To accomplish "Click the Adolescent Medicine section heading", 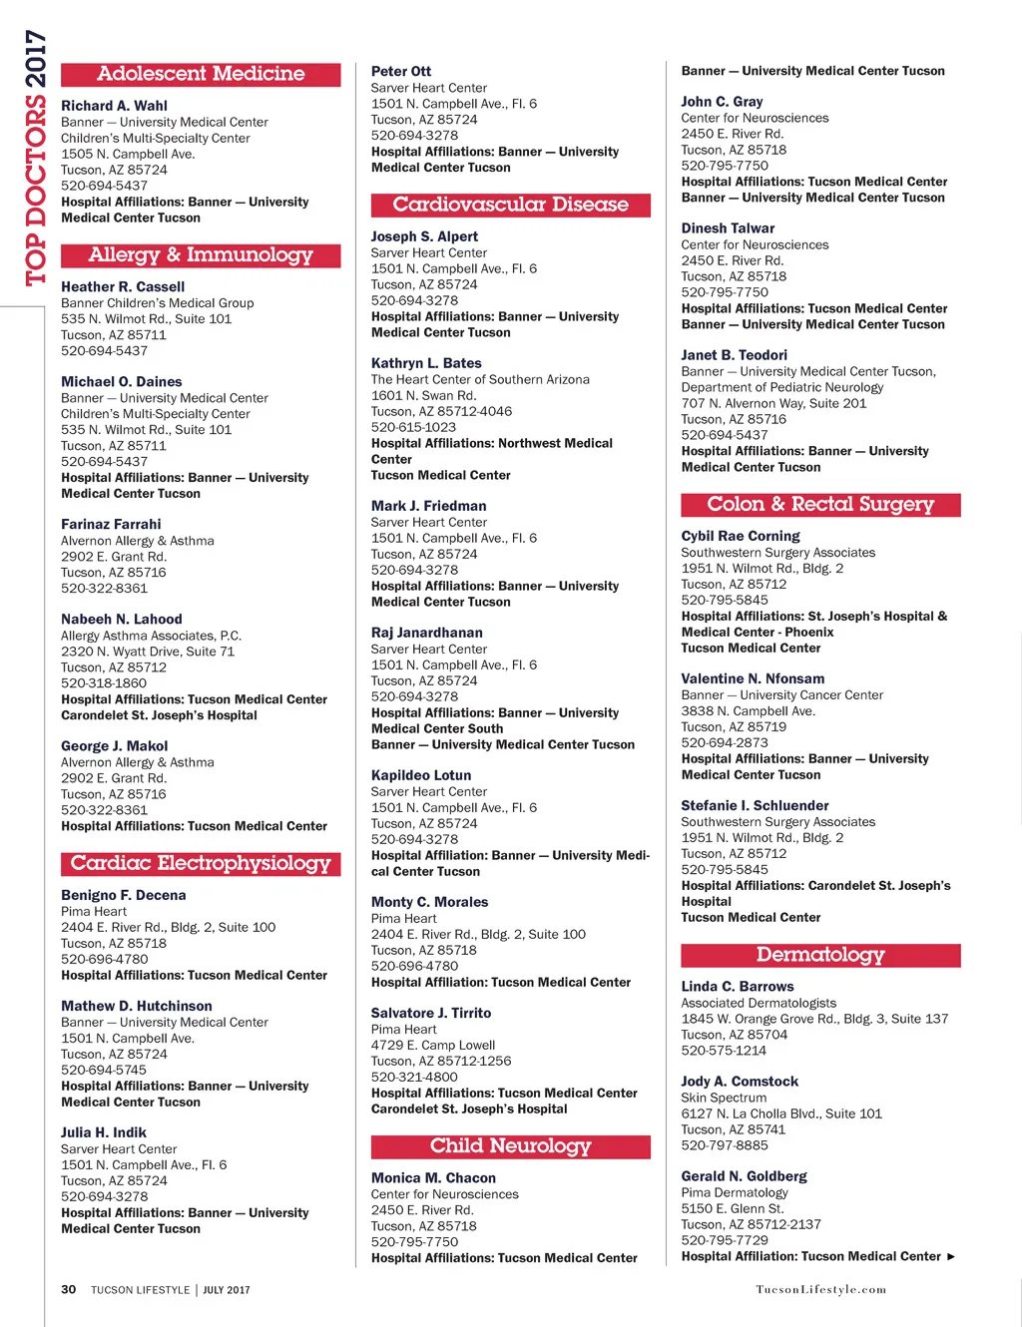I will (x=201, y=74).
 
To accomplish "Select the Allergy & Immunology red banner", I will (x=201, y=255).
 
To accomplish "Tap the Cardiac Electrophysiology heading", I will (x=201, y=864).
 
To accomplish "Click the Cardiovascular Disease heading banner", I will (x=510, y=205).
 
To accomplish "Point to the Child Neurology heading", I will (x=510, y=1146).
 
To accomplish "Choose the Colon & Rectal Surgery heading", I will (x=820, y=505).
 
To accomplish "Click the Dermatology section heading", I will (x=820, y=955).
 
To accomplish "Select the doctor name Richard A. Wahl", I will (x=114, y=106).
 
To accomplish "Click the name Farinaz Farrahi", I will (x=111, y=524).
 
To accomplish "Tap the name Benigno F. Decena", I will (x=123, y=895).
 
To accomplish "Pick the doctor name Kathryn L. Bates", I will (x=426, y=363).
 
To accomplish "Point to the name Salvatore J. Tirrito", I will (x=431, y=1013).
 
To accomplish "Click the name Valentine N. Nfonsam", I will (x=753, y=678).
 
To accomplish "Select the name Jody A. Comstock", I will (x=740, y=1082).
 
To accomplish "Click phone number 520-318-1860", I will (x=104, y=683).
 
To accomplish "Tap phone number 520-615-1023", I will (x=413, y=427).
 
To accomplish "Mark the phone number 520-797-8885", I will (x=725, y=1145).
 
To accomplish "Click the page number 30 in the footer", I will (x=68, y=1289).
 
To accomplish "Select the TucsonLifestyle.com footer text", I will (x=820, y=1289).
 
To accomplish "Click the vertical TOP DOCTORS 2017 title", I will (x=36, y=158).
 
